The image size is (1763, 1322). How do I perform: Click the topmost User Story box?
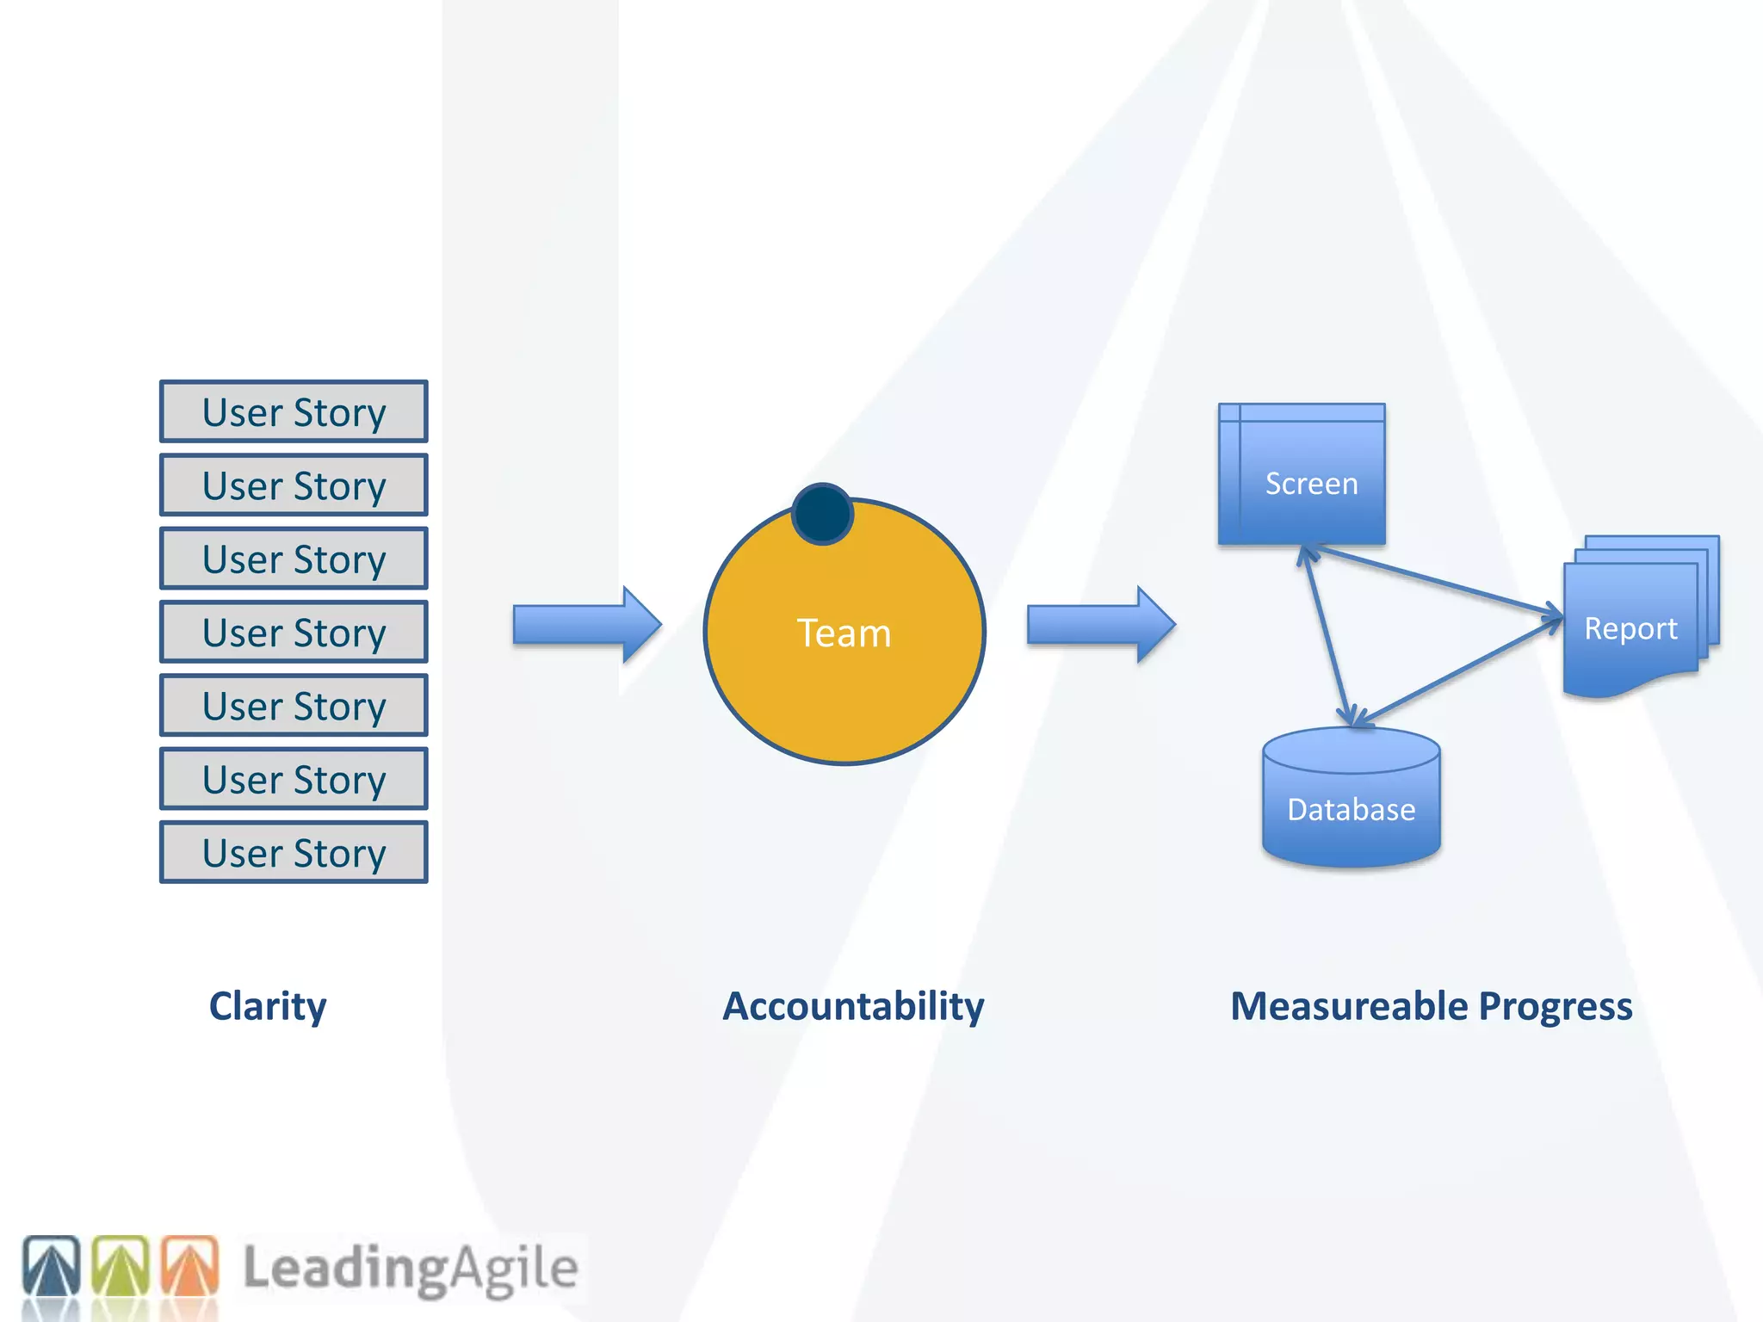pos(294,411)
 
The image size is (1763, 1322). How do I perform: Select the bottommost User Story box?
pos(294,852)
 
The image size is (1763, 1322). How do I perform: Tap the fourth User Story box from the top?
pos(294,632)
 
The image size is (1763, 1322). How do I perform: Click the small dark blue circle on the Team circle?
pos(822,514)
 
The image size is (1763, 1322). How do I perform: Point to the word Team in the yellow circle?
pos(844,633)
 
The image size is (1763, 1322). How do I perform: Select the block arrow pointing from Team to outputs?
pos(1101,625)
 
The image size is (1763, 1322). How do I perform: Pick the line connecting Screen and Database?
pos(1329,637)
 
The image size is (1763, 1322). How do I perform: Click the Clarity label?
pos(268,1005)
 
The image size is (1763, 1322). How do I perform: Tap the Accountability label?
pos(853,1005)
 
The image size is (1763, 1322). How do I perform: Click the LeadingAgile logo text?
pos(410,1268)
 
